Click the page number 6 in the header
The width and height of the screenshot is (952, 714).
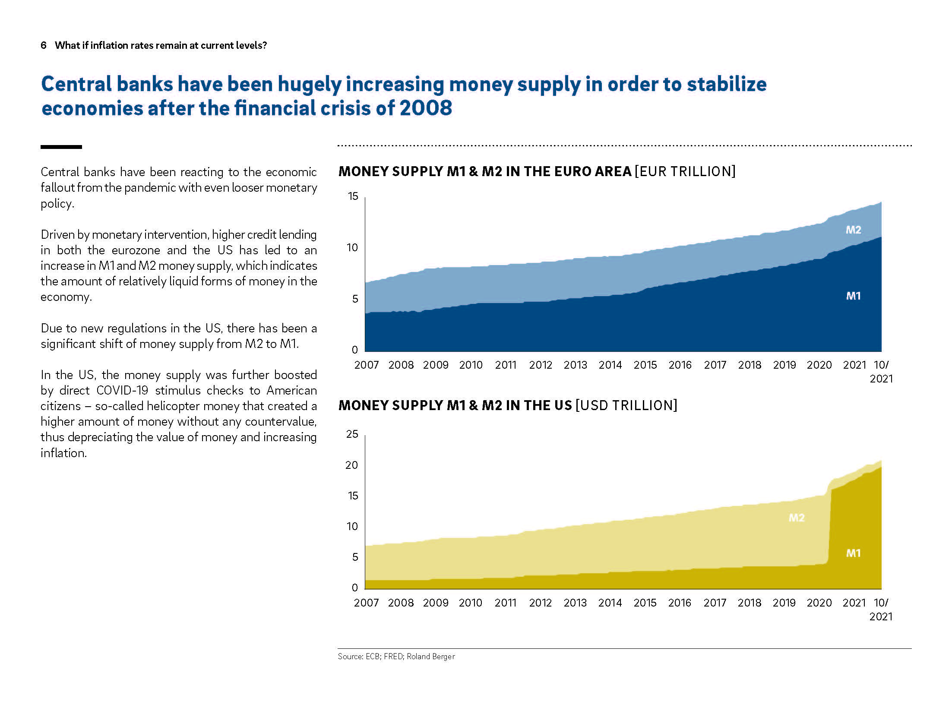click(x=43, y=45)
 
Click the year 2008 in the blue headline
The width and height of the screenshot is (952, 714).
click(x=425, y=108)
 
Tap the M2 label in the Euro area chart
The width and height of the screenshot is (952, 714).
click(x=853, y=230)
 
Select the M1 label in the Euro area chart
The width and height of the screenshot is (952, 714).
click(x=853, y=296)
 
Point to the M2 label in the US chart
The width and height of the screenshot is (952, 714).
click(x=797, y=518)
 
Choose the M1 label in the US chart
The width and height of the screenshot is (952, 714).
click(x=853, y=553)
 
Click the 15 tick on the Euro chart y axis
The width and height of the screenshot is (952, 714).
click(x=353, y=196)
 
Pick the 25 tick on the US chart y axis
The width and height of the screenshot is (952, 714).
click(x=352, y=434)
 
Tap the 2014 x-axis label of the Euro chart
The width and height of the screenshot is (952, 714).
click(x=610, y=365)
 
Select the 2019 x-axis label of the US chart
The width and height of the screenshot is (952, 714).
click(x=784, y=603)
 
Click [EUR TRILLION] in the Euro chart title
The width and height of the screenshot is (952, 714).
click(x=685, y=172)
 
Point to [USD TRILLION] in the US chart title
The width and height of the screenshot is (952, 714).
click(x=626, y=406)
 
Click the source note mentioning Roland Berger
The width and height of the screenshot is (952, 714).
click(x=396, y=657)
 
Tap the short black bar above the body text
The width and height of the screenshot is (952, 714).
click(x=61, y=147)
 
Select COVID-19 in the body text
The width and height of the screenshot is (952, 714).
click(x=122, y=391)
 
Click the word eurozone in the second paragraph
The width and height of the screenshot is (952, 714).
click(x=136, y=250)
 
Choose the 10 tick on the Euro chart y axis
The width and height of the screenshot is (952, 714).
click(x=352, y=248)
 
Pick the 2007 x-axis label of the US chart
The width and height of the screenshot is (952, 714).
click(x=366, y=603)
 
